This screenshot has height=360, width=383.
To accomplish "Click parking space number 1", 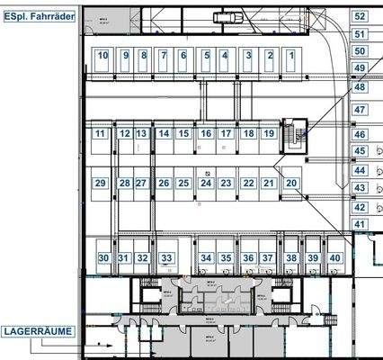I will (x=291, y=56).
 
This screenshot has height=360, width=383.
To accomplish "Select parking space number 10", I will (x=103, y=56).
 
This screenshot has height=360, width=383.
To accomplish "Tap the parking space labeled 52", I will (x=360, y=16).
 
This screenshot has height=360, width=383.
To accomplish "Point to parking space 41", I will (x=360, y=223).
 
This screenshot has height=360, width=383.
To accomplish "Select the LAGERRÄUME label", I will (x=36, y=331).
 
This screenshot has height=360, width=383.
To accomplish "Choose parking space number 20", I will (x=291, y=183).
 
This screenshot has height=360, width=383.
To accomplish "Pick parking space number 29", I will (x=101, y=184).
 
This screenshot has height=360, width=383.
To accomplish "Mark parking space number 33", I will (x=165, y=257).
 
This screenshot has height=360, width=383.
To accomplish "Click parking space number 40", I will (x=334, y=257).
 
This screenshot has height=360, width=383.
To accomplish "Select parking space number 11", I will (x=100, y=134).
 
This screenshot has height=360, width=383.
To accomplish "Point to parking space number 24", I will (x=206, y=184).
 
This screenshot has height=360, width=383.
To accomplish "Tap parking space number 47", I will (x=360, y=109).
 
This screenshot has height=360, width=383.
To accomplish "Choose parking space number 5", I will (x=206, y=56).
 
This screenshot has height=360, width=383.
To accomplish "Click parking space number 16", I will (x=206, y=134).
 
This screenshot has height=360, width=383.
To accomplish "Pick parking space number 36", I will (x=247, y=257).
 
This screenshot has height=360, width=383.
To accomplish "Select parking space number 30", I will (x=104, y=257).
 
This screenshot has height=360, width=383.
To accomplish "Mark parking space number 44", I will (x=360, y=170).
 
